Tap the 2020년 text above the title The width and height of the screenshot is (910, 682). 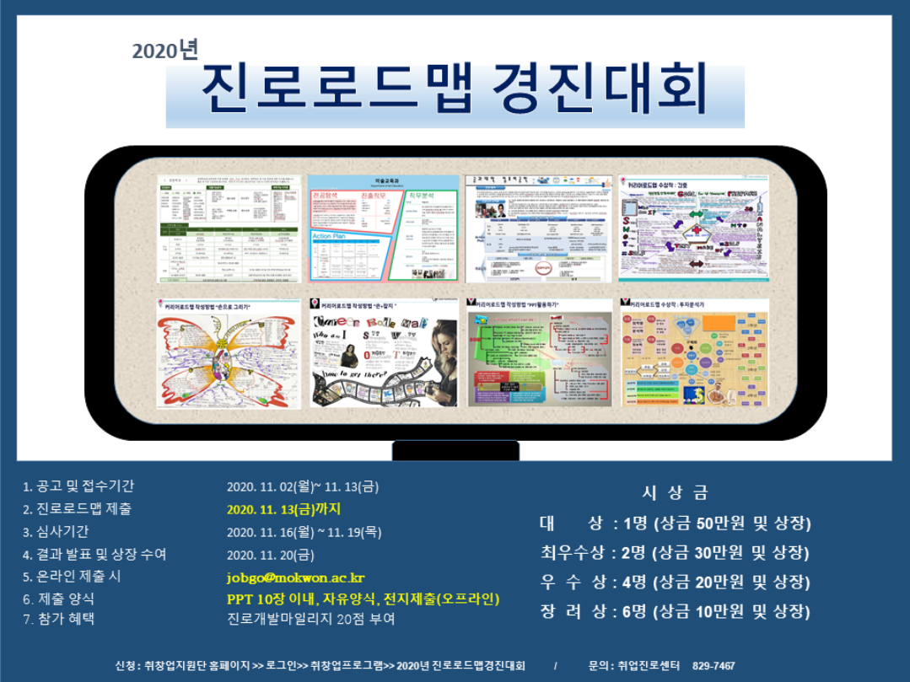(164, 51)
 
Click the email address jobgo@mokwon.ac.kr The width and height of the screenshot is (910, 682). (295, 577)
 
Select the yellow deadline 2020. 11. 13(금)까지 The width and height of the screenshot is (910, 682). (283, 509)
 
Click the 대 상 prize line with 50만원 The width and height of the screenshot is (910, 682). (675, 524)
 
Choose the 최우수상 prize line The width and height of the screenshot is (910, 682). (675, 553)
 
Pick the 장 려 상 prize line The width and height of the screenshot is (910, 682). (675, 612)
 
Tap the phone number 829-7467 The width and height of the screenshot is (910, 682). (713, 666)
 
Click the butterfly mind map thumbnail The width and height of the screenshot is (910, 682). (229, 352)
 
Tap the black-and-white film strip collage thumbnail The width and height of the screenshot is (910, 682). (384, 352)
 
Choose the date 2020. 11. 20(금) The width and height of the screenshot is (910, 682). (270, 555)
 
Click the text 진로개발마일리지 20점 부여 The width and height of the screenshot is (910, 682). (310, 619)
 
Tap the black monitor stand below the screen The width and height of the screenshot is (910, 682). (455, 450)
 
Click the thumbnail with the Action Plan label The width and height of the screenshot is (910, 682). (384, 228)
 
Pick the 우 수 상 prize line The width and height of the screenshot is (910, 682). (675, 583)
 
